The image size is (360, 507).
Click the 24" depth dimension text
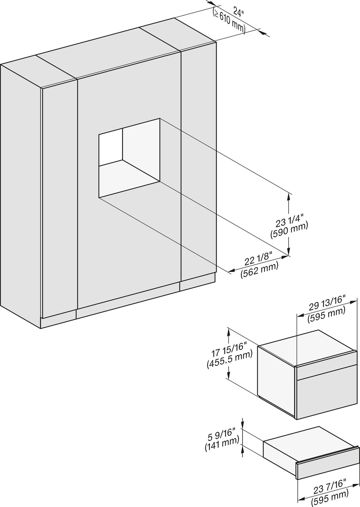click(239, 12)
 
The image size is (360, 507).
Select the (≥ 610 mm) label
click(229, 22)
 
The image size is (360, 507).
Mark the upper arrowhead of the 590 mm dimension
click(289, 197)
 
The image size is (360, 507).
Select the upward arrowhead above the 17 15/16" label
click(229, 331)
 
